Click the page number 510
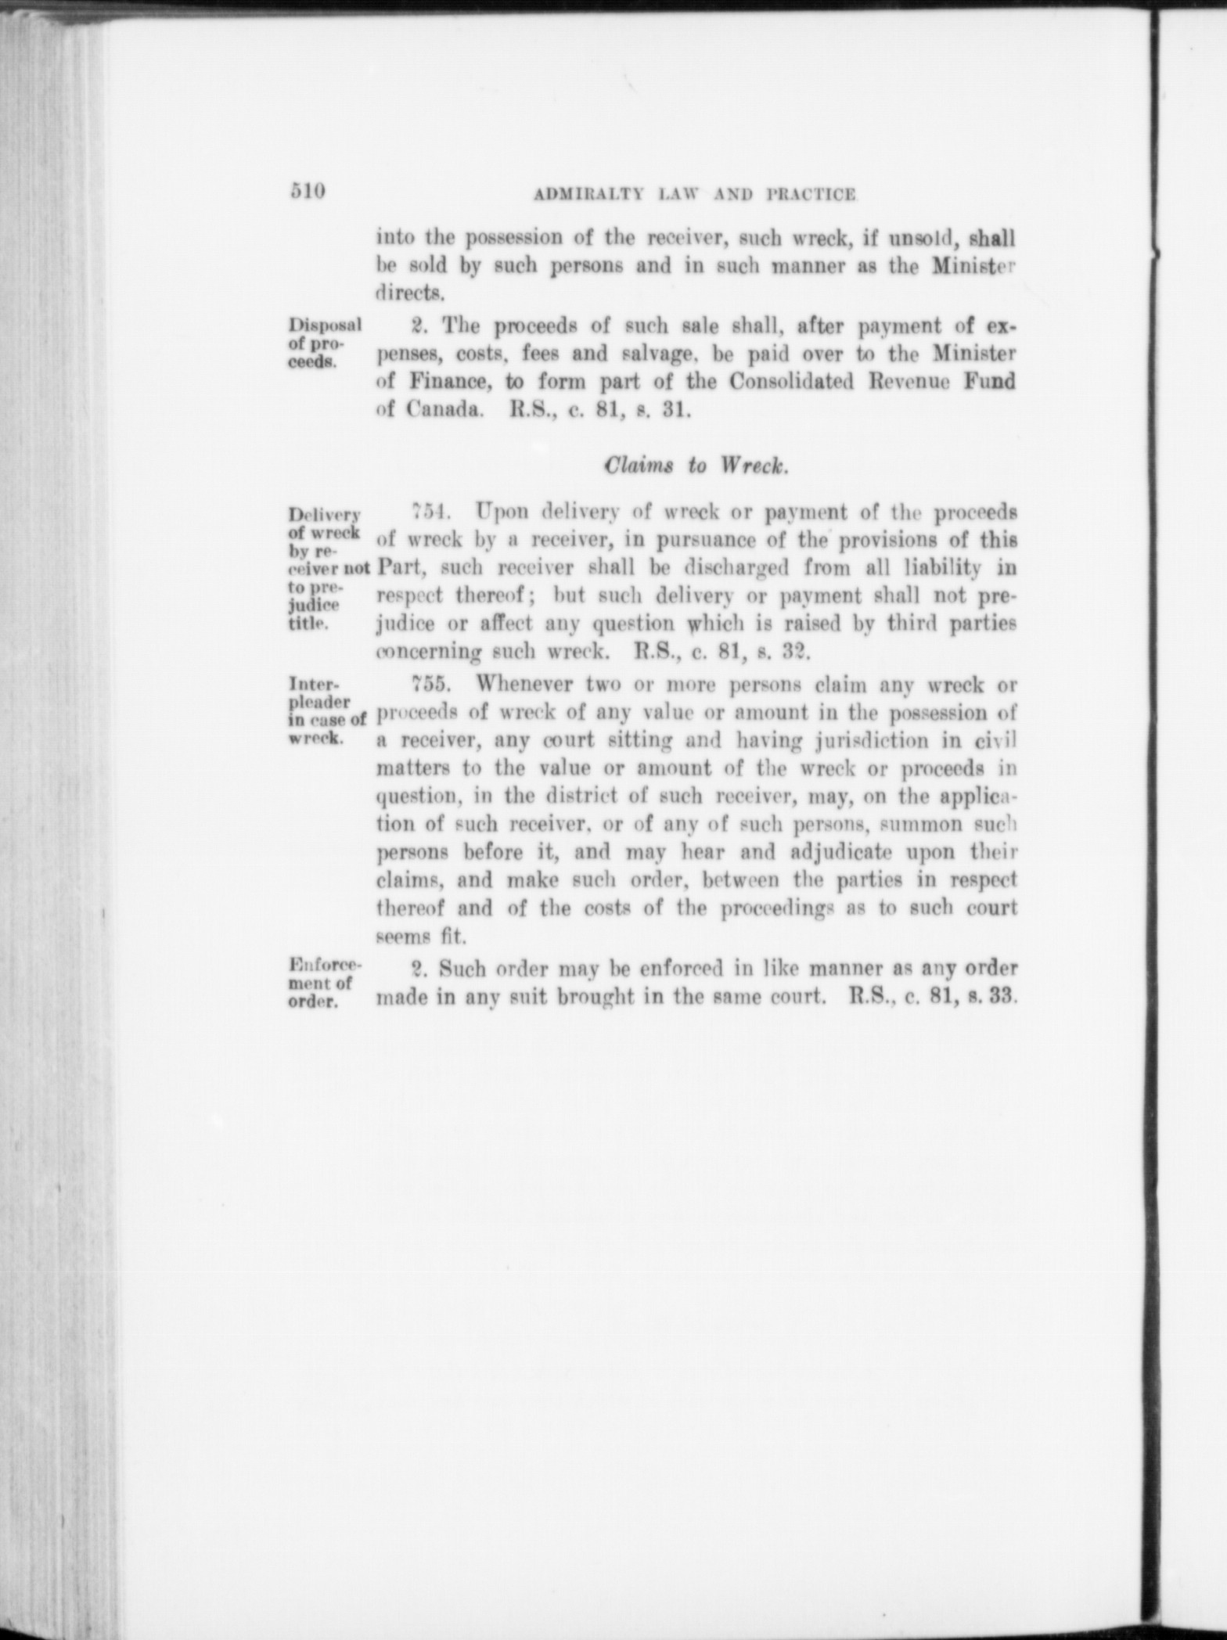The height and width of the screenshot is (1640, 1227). click(x=307, y=192)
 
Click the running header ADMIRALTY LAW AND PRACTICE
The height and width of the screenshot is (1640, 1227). click(x=693, y=194)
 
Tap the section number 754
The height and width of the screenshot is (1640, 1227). click(x=428, y=512)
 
